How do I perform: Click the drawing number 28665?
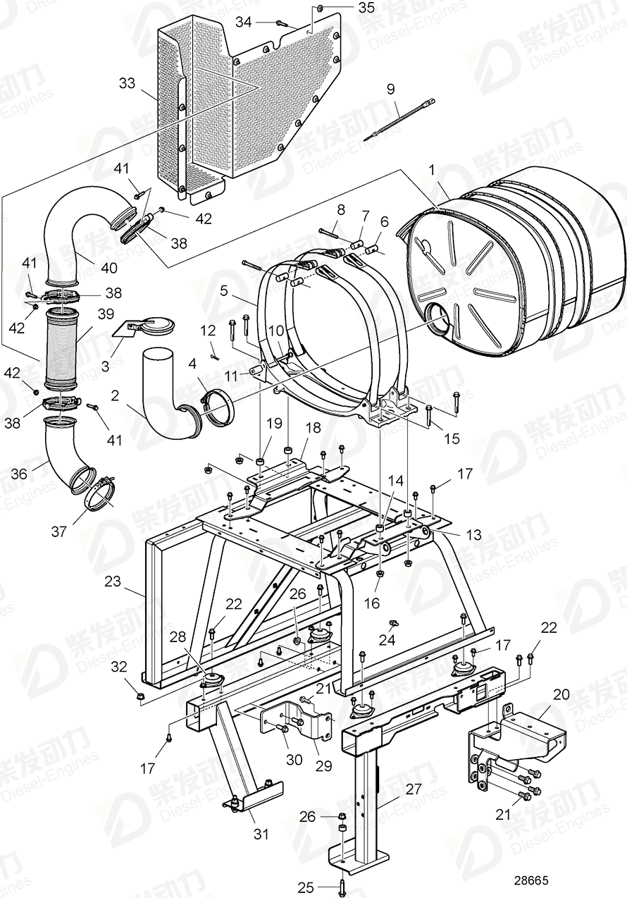click(530, 881)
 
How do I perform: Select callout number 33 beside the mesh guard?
click(127, 83)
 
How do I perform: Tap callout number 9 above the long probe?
click(391, 89)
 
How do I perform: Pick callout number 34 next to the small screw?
click(244, 22)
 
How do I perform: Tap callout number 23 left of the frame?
click(113, 582)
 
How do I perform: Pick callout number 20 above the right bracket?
click(561, 694)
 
